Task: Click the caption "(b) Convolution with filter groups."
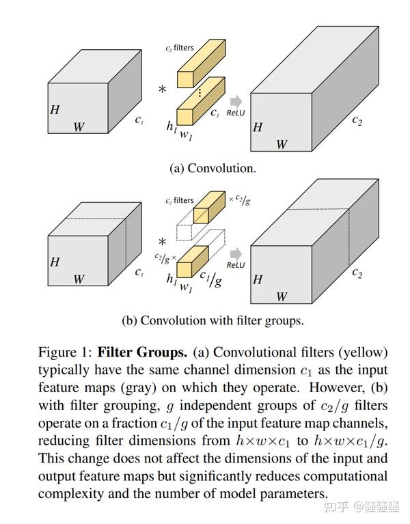pos(213,320)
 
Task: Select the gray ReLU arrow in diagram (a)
pos(237,100)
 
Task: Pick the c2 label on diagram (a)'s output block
pos(357,120)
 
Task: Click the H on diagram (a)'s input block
pos(55,109)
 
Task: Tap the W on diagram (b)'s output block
pos(281,297)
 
